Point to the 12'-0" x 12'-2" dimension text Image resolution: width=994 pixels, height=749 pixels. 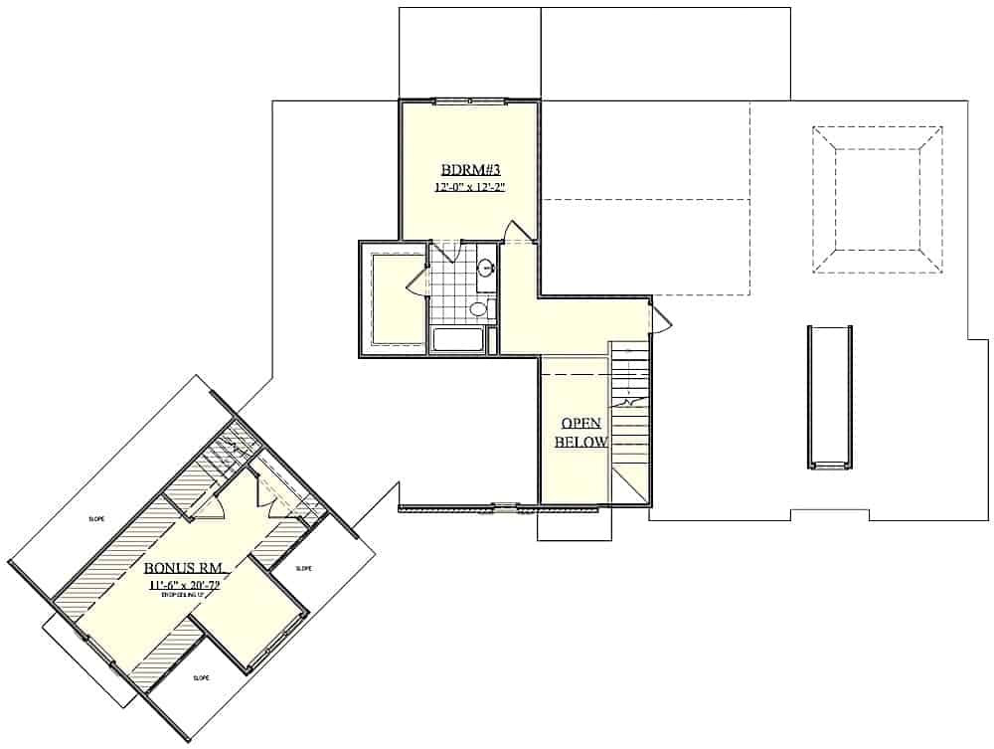click(469, 186)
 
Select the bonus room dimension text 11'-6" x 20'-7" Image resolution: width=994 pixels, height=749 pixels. click(185, 586)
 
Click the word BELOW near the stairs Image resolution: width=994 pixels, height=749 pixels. click(581, 442)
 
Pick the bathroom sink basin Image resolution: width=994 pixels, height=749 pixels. click(486, 268)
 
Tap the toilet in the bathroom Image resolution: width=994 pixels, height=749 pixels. click(479, 308)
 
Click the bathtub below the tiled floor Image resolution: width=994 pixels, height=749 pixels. click(458, 340)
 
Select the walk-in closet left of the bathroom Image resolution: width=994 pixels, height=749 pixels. click(394, 298)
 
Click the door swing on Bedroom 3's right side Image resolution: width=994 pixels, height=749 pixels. click(518, 231)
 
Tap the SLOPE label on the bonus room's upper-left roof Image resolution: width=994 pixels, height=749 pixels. click(95, 518)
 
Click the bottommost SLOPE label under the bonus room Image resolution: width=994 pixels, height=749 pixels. click(201, 677)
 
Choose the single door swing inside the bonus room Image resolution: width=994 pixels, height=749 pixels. click(210, 505)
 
